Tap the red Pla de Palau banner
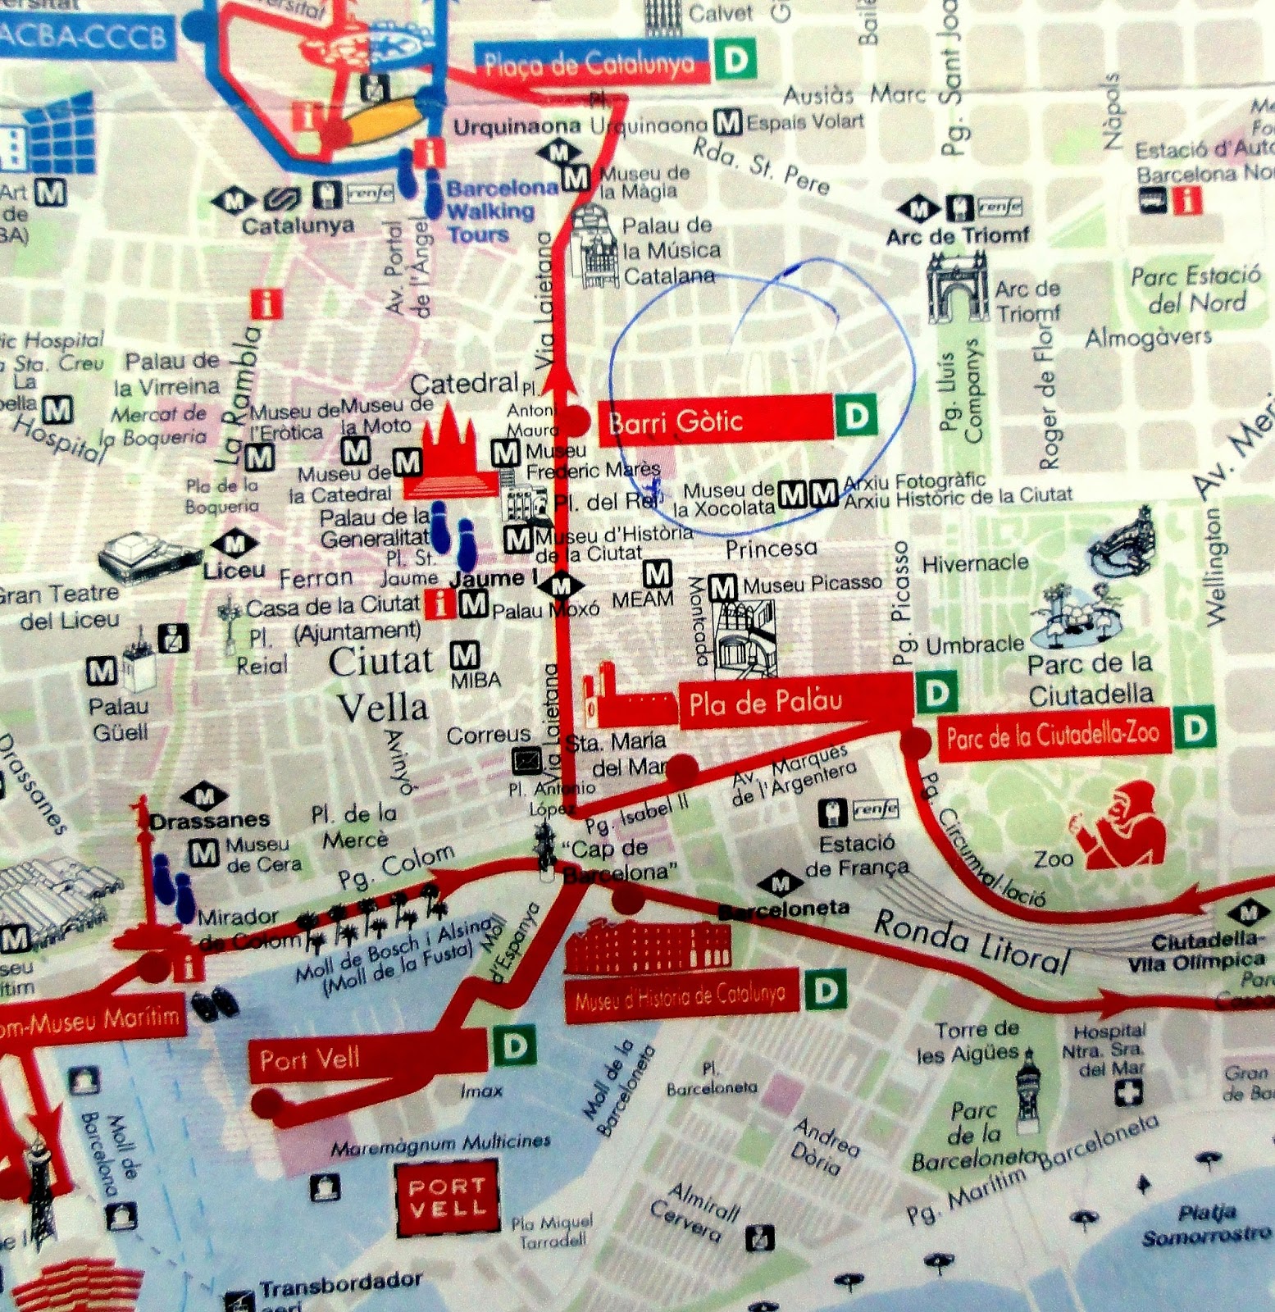(x=794, y=702)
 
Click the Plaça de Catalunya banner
(x=590, y=63)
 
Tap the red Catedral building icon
(x=449, y=455)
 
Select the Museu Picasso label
(x=812, y=583)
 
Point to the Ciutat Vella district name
(x=382, y=685)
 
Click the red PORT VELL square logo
(x=448, y=1197)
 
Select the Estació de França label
(x=857, y=854)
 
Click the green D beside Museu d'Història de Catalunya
(x=825, y=991)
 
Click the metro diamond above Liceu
(x=235, y=543)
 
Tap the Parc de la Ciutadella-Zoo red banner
(x=1054, y=735)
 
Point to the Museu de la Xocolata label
(x=724, y=499)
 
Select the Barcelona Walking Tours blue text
(x=490, y=211)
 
